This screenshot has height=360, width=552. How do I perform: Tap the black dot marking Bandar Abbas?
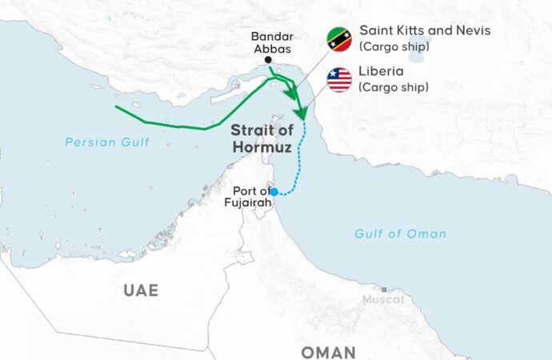(x=267, y=61)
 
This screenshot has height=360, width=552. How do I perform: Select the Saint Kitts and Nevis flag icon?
(x=338, y=38)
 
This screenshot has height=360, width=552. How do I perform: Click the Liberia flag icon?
(x=339, y=79)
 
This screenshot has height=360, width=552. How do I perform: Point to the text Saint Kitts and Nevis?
(x=425, y=30)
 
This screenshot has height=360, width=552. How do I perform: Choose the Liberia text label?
(x=382, y=72)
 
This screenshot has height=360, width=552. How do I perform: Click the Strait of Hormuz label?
(x=258, y=139)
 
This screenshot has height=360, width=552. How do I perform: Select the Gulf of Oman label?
(x=401, y=234)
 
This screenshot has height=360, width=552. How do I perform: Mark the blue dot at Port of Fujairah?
(x=274, y=192)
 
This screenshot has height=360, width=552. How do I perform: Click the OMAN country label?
(x=328, y=352)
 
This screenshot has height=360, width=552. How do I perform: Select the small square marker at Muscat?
(x=385, y=290)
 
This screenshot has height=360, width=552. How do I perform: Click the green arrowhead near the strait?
(x=301, y=113)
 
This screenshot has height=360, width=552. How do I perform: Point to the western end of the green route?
(x=117, y=106)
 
